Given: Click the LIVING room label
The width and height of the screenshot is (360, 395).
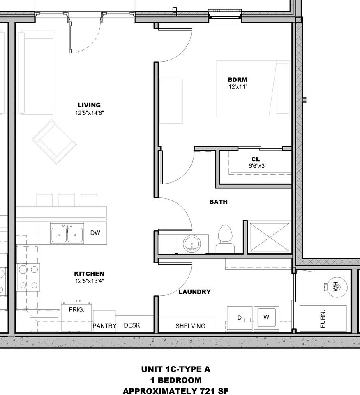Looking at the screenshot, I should click(89, 105).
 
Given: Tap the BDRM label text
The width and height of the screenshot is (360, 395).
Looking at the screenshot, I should click(238, 80).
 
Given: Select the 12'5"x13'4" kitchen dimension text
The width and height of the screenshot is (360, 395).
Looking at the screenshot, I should click(89, 281).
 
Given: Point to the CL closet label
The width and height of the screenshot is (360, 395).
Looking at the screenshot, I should click(256, 159).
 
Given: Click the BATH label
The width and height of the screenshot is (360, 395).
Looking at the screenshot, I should click(218, 202).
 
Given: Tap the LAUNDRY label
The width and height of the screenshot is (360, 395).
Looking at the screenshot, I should click(194, 292).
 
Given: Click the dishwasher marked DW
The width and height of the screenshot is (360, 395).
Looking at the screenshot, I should click(95, 233).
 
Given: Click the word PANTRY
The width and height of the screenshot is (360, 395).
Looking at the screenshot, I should click(104, 326).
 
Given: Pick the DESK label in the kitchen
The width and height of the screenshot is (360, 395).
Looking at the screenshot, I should click(132, 325).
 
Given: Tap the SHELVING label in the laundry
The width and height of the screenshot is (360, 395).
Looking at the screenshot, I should click(190, 326).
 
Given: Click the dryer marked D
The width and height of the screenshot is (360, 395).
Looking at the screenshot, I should click(240, 318).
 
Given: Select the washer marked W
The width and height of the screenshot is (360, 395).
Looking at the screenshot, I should click(266, 318).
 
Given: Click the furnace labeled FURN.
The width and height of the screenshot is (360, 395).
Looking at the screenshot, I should click(323, 319).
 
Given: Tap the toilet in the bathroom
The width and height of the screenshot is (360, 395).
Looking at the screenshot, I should click(225, 239).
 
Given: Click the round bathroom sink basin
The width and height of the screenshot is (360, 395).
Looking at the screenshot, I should click(192, 244).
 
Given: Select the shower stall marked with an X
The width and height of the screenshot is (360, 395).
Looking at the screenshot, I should click(270, 237).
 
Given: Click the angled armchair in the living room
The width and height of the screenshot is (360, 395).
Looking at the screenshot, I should click(54, 142).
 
